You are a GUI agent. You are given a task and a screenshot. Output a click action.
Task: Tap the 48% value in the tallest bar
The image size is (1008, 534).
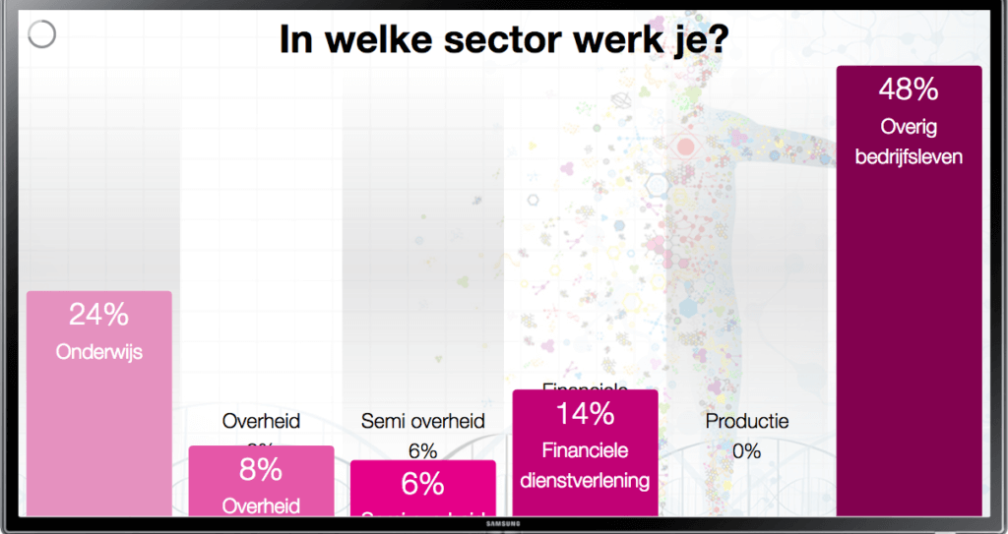coord(909,89)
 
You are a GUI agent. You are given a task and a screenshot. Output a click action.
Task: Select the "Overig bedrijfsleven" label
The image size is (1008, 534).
coord(909,142)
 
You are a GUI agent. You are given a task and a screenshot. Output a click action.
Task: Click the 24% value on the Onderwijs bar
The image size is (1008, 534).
coord(98,315)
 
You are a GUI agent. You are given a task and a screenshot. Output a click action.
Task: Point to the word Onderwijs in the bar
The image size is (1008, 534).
coord(99,351)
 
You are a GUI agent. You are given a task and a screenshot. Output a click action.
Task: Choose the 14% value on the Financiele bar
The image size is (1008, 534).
coord(586,414)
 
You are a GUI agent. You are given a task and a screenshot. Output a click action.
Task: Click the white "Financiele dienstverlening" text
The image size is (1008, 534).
coord(586,465)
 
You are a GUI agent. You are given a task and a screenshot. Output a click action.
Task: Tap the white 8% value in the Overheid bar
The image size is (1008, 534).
coord(261,470)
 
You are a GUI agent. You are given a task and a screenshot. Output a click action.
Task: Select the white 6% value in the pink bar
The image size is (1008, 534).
coord(423,484)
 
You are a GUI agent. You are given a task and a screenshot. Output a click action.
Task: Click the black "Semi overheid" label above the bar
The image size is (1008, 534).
coord(423,421)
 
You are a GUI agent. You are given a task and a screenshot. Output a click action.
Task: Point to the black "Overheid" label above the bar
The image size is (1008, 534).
coord(261,421)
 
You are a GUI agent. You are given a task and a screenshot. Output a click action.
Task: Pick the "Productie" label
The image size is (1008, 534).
coord(747,421)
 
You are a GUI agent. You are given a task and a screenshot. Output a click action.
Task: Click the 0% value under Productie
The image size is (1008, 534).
coord(747,451)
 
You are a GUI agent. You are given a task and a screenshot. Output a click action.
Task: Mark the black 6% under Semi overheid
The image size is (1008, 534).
coord(423,450)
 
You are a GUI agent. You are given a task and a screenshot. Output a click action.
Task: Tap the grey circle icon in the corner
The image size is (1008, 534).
coord(41,34)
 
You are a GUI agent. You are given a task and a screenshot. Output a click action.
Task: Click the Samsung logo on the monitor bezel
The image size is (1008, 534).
coord(503,523)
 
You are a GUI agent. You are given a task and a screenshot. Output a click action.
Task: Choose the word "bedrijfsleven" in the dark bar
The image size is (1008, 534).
coord(909,156)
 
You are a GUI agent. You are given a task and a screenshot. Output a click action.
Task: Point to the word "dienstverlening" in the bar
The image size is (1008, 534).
coord(586,481)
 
